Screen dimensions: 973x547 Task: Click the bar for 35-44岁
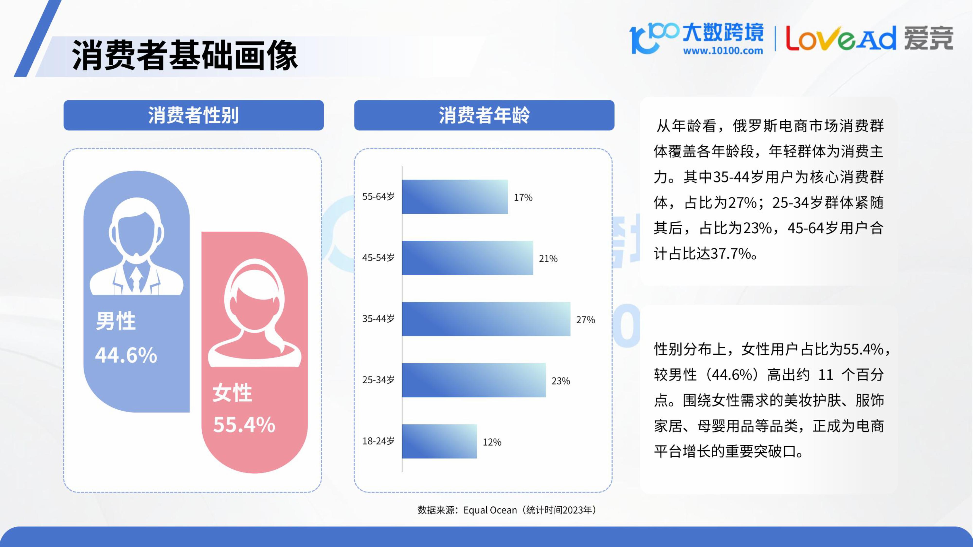click(x=486, y=319)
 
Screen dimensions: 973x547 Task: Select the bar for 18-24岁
click(x=439, y=441)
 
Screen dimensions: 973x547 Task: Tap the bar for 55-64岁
click(x=455, y=197)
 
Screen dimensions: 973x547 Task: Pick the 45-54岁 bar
click(x=468, y=258)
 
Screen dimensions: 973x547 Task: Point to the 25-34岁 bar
click(x=474, y=380)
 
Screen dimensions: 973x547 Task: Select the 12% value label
click(x=492, y=442)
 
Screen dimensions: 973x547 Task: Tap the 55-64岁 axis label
click(x=378, y=197)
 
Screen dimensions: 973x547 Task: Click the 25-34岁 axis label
click(x=378, y=380)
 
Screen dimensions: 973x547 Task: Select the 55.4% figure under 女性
click(x=244, y=425)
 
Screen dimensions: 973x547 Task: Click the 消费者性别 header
click(x=193, y=115)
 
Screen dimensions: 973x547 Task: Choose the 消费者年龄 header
click(x=484, y=115)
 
